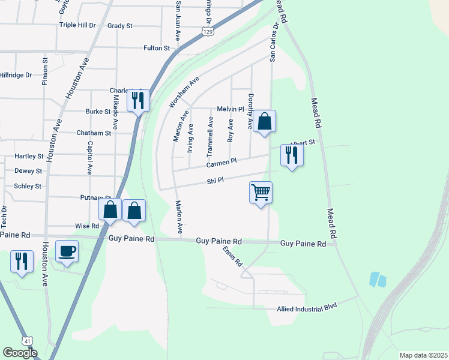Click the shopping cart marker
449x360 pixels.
point(261,193)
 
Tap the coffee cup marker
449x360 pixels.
point(67,250)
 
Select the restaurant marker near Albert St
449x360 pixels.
point(292,155)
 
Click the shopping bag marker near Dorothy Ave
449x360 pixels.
point(264,122)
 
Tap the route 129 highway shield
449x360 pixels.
point(208,31)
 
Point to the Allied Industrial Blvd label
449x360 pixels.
point(307,308)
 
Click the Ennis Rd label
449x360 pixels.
point(232,256)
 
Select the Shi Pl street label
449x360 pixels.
point(215,180)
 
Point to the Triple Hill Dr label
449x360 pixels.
point(77,25)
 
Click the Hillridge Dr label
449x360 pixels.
point(16,75)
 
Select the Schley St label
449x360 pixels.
point(28,186)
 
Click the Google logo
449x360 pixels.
point(20,353)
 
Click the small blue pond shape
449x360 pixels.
point(378,279)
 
